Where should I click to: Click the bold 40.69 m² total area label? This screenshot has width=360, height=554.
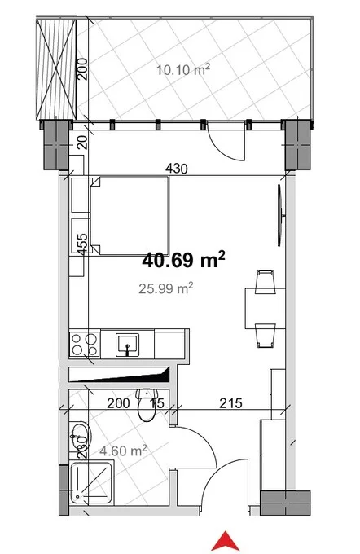(183, 260)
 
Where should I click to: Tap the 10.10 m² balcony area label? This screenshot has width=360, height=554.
(183, 69)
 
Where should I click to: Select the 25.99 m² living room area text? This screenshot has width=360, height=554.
(165, 288)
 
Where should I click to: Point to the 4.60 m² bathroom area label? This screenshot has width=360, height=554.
(123, 451)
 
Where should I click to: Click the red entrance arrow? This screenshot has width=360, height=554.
(225, 541)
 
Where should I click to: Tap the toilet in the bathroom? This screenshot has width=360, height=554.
(147, 405)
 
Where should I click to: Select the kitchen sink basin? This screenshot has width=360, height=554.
(127, 345)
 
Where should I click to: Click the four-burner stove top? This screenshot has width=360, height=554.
(85, 345)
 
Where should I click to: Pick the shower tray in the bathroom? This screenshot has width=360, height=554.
(91, 483)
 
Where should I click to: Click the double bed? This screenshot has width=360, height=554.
(130, 216)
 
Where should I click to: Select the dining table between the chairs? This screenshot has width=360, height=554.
(265, 309)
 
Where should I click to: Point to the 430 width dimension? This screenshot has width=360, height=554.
(177, 169)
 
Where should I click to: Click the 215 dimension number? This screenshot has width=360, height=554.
(231, 402)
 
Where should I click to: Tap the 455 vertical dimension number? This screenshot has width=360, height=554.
(82, 244)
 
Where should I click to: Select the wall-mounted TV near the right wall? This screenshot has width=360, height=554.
(280, 215)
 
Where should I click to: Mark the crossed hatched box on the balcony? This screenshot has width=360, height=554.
(56, 69)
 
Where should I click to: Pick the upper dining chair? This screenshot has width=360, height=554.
(266, 282)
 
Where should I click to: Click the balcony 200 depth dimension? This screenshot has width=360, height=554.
(82, 69)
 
